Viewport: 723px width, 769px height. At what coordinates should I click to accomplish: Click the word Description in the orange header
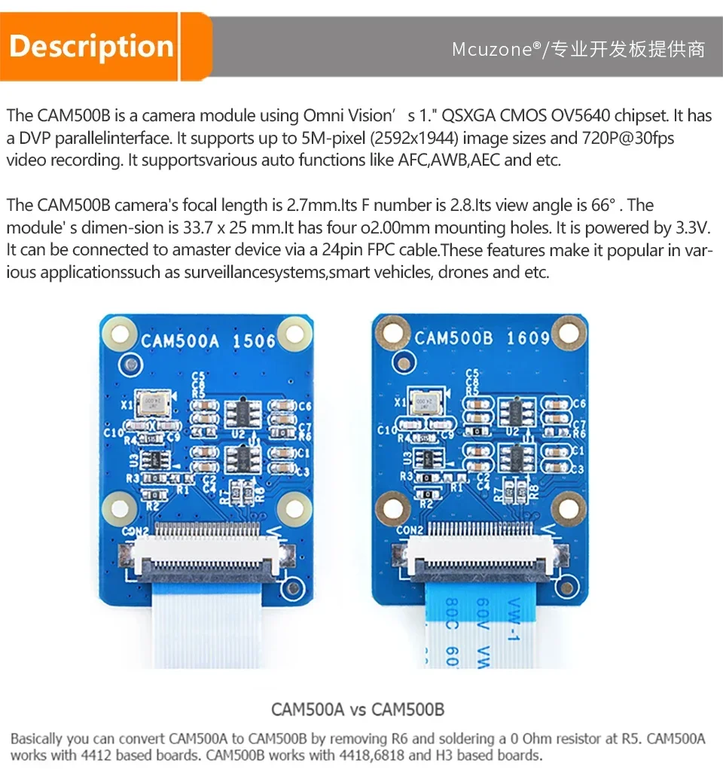tap(91, 47)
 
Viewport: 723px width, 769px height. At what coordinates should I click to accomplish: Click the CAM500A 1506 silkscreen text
tap(209, 340)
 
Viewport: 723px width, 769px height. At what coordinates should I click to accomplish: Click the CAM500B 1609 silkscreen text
tap(482, 337)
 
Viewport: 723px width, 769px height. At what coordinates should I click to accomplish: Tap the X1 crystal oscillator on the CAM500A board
tap(152, 403)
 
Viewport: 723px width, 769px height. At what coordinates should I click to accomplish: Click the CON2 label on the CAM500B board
tap(410, 530)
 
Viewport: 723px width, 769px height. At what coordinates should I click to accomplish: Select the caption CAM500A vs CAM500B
tap(358, 709)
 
